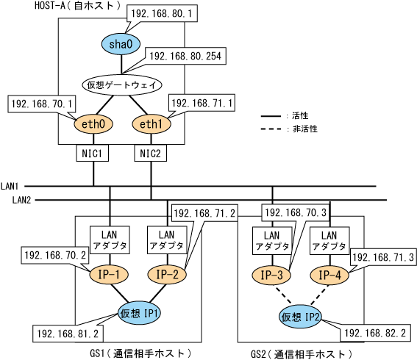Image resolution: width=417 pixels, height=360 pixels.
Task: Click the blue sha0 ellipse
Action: point(121,44)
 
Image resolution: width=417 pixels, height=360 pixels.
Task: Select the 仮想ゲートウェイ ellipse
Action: point(122,85)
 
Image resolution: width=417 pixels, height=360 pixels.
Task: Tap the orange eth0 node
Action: point(93,124)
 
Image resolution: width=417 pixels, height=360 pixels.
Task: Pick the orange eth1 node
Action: point(152,124)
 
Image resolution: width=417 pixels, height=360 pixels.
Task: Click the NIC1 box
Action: point(92,153)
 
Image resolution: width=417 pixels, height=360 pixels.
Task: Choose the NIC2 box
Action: point(151,153)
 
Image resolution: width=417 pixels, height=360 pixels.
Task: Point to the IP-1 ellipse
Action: point(109,275)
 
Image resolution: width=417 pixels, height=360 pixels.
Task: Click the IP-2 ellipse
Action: point(167,275)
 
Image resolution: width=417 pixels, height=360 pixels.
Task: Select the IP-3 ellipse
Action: point(271,275)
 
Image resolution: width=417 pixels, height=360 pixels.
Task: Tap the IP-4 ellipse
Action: point(329,275)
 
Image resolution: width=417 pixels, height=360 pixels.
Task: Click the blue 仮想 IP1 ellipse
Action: point(139,314)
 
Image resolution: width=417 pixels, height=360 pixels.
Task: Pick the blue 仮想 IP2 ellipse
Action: point(300,317)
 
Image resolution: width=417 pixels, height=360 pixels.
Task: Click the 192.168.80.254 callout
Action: point(185,56)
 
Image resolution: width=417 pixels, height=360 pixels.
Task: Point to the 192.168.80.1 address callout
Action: point(162,13)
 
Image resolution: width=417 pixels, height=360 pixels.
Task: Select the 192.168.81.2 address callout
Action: point(68,333)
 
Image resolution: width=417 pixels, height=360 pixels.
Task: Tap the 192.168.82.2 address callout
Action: point(376,333)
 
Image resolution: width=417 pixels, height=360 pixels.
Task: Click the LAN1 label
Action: point(10,186)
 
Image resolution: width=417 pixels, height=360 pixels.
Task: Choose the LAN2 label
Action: point(21,200)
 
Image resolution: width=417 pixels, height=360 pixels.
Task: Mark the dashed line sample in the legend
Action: point(271,129)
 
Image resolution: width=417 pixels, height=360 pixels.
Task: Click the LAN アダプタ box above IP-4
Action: point(329,241)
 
